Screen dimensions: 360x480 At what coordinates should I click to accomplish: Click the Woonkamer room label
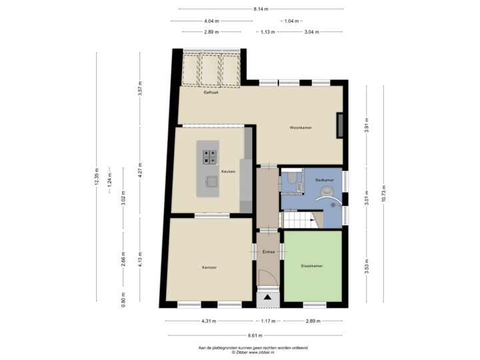coord(301,127)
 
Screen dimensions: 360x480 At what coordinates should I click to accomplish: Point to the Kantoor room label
coord(209,267)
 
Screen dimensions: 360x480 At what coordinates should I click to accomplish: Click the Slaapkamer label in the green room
coord(311,265)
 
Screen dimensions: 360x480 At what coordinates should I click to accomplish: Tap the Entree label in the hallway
coord(269,252)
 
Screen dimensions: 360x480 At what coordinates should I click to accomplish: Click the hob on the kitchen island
coord(209,156)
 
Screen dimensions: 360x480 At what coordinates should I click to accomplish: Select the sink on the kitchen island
coord(211,181)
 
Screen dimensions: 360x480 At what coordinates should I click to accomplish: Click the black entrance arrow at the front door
coord(268,298)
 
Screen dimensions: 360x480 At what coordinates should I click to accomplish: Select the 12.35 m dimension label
coord(97,177)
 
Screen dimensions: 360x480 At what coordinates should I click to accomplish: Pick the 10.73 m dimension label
coord(383,193)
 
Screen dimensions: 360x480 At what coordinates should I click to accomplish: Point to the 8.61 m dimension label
coord(254,335)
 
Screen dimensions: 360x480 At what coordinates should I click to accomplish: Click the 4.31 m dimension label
coord(209,321)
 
